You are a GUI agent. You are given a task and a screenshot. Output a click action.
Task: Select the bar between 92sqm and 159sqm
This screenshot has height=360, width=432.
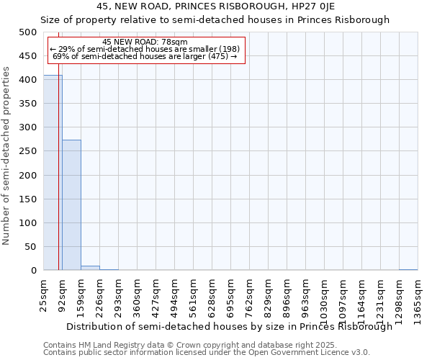tap(71, 205)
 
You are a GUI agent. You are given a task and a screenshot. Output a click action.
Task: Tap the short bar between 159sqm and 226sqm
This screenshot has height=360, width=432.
tap(90, 268)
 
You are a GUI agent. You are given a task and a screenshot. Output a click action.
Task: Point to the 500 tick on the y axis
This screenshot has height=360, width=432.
tap(28, 32)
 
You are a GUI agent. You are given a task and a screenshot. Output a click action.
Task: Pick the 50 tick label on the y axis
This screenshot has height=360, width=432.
tap(31, 246)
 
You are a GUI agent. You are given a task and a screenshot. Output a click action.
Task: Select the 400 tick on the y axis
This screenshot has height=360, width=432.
tap(28, 80)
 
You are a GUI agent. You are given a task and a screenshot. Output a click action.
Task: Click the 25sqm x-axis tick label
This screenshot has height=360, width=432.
tap(43, 295)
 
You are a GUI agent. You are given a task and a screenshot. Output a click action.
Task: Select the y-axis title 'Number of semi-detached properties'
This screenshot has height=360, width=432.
tap(7, 156)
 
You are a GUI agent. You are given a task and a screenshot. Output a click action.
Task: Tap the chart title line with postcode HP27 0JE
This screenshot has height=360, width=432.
tap(215, 6)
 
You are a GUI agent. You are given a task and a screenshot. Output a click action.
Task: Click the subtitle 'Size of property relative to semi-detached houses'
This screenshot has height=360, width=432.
tap(215, 20)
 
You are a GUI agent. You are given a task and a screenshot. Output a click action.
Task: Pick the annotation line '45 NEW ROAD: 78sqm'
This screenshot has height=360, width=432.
tap(145, 42)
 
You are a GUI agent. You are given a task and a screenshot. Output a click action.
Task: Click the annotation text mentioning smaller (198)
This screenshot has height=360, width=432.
tap(145, 49)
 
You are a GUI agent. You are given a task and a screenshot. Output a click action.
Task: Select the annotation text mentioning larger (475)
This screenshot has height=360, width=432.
tap(145, 56)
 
